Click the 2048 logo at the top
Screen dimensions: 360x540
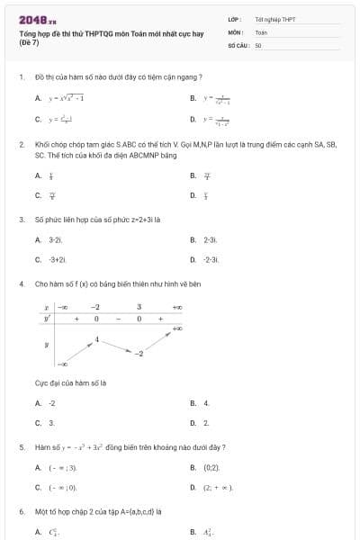click(37, 20)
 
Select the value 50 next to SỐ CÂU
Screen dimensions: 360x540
click(258, 43)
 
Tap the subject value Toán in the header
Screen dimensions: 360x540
click(261, 31)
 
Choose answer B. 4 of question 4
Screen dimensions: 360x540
click(206, 403)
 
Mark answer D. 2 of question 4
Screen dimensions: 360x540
click(206, 422)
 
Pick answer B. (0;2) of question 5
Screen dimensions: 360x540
click(211, 468)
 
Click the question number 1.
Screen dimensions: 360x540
click(21, 77)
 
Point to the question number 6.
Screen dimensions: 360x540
click(21, 511)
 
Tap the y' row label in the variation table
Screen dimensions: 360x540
click(47, 319)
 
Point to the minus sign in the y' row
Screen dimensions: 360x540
click(117, 319)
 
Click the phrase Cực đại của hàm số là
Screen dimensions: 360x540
click(70, 382)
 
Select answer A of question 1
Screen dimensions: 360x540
click(60, 98)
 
